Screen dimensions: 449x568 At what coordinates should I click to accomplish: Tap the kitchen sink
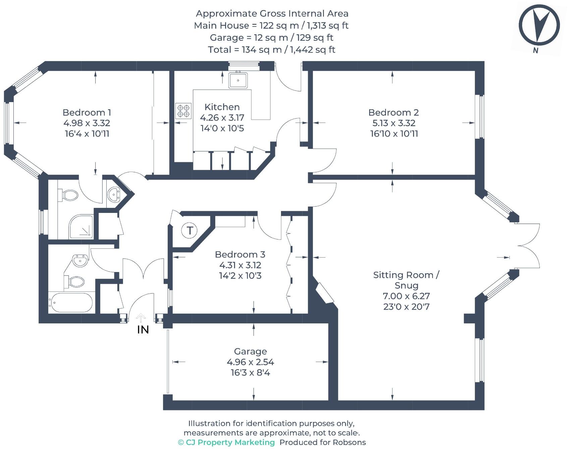click(238, 80)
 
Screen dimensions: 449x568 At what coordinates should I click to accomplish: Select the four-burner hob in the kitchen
click(183, 111)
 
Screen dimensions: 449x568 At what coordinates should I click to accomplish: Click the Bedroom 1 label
click(87, 113)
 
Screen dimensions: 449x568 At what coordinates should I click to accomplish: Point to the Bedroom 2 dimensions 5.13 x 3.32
click(394, 123)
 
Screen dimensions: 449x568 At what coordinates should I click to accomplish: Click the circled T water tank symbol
click(190, 230)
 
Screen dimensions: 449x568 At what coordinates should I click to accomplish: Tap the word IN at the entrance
click(143, 330)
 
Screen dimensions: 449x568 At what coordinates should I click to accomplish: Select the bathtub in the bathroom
click(71, 303)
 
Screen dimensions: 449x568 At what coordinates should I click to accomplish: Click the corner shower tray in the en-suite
click(81, 227)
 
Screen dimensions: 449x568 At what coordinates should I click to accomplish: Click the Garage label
click(250, 352)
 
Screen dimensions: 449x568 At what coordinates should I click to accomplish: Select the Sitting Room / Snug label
click(406, 280)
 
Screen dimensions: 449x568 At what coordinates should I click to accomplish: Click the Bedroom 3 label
click(240, 254)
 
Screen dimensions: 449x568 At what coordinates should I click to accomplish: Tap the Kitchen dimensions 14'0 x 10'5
click(222, 128)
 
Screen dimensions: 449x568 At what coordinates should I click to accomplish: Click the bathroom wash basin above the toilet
click(80, 260)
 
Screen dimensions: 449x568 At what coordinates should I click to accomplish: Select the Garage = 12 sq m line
click(271, 38)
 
